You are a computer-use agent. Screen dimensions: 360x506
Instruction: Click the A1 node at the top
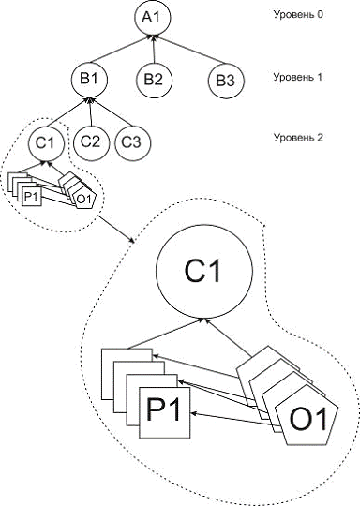pos(153,18)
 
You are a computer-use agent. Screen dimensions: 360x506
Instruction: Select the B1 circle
pos(89,80)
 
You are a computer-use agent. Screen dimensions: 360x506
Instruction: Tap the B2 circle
pos(154,80)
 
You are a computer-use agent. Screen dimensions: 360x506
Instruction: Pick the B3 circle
pos(226,81)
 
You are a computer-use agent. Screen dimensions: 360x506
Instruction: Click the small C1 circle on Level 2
pos(46,142)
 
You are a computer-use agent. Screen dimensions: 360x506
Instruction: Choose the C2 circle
pos(91,142)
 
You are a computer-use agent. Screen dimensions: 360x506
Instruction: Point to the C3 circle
pos(132,142)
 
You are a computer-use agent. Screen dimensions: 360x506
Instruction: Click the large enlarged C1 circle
pos(204,271)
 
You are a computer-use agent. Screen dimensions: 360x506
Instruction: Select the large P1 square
pos(165,413)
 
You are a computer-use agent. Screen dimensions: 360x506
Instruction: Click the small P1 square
pos(32,196)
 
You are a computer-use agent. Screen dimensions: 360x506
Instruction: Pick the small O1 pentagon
pos(84,199)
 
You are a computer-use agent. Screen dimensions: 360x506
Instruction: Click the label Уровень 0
pos(298,14)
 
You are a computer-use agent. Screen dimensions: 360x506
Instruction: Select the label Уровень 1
pos(298,77)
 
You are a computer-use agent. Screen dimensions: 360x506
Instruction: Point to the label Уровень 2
pos(298,138)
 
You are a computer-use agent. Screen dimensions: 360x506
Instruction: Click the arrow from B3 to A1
pos(190,50)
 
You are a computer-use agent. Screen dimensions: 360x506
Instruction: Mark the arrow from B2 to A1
pos(154,49)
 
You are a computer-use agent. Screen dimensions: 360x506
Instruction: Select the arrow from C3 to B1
pos(112,112)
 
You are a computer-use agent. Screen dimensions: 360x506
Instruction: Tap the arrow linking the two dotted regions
pos(116,230)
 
